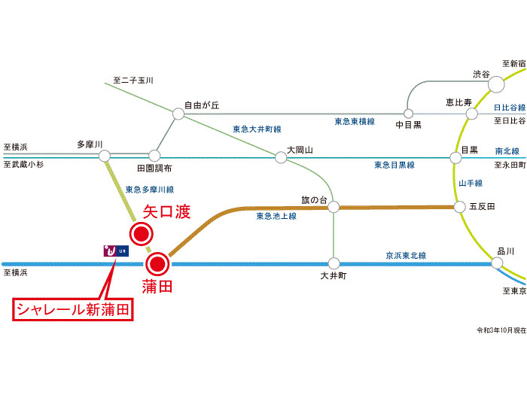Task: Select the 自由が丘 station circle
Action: [178, 114]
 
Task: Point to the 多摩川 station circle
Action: [105, 156]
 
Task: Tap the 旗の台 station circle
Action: [334, 206]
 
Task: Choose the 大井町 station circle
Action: [334, 263]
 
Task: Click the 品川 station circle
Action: [497, 263]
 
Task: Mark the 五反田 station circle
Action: [459, 206]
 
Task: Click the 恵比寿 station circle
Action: [472, 114]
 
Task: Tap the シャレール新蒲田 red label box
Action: [74, 310]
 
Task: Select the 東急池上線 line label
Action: [276, 216]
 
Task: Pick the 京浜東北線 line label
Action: [406, 256]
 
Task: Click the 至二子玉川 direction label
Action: [133, 79]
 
